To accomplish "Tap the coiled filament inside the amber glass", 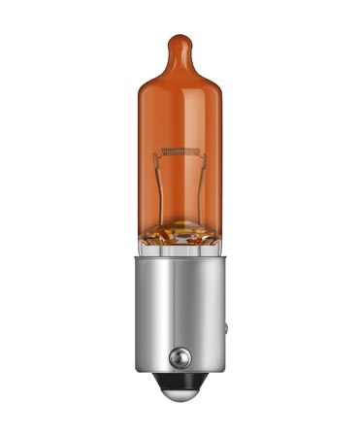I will point(180,151).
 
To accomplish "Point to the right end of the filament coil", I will point(199,151).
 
